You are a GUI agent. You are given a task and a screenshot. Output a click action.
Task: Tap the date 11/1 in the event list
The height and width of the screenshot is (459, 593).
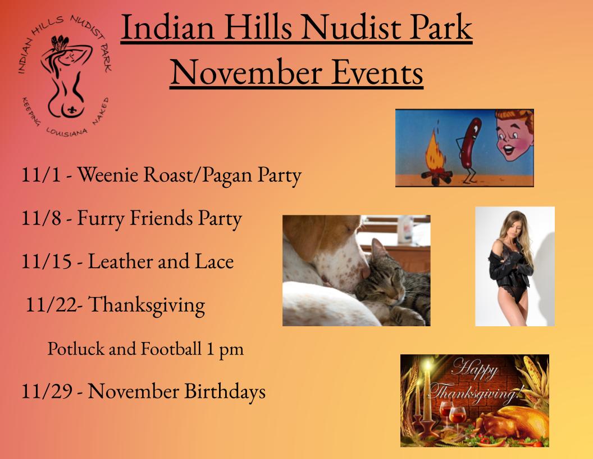[41, 174]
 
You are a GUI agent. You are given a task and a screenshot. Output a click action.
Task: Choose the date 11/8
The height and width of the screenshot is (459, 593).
[41, 218]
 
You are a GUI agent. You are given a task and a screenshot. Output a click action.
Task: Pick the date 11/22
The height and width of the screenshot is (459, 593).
[51, 304]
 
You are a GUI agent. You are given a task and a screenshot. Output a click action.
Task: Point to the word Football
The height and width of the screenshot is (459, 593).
[171, 348]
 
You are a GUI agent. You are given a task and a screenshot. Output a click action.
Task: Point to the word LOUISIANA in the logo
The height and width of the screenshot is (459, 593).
[67, 133]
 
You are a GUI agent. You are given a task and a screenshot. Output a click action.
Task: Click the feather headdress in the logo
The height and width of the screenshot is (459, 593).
[60, 41]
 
